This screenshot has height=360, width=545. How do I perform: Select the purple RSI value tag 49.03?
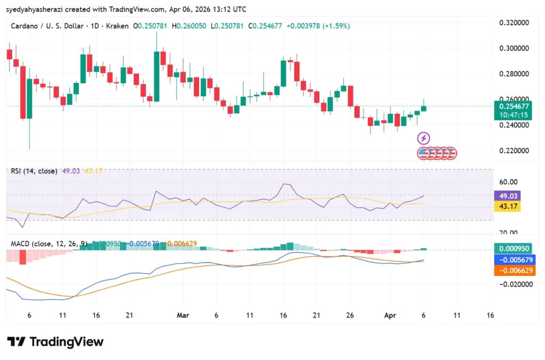pos(506,196)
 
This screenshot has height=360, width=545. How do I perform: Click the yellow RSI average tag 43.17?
pos(506,206)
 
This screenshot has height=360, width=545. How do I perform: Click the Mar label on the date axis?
pos(183,315)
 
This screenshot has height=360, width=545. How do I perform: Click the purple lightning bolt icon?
pos(424,139)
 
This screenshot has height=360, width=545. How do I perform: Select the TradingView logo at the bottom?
pos(55,341)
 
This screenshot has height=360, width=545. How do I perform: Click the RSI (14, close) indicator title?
pos(34,172)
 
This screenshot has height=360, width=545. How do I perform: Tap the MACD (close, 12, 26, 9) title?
pos(49,244)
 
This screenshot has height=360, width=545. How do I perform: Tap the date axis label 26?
pos(350,315)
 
